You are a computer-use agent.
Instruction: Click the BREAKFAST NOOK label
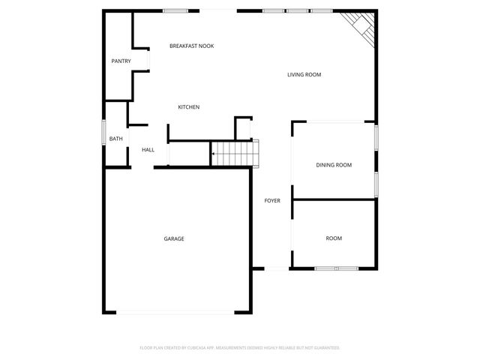click(191, 46)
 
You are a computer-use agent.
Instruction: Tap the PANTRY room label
click(121, 61)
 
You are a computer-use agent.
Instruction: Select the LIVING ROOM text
click(304, 74)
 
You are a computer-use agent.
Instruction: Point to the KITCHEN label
click(188, 107)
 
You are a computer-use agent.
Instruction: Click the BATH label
click(116, 139)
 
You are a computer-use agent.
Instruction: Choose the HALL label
click(148, 150)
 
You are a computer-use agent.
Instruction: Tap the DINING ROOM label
click(333, 165)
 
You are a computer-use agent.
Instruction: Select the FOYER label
click(271, 200)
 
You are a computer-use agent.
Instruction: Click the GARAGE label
click(174, 238)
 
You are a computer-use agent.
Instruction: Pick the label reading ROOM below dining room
click(334, 238)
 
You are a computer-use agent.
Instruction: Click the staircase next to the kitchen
click(234, 153)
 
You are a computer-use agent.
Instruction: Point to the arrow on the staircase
click(215, 154)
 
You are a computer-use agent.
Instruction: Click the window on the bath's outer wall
click(103, 134)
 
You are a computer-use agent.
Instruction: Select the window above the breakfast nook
click(175, 10)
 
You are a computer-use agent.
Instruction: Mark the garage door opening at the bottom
click(175, 312)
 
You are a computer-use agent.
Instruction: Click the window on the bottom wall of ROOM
click(327, 268)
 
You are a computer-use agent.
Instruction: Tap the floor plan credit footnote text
click(240, 347)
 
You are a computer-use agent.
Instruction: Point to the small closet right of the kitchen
click(243, 128)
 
